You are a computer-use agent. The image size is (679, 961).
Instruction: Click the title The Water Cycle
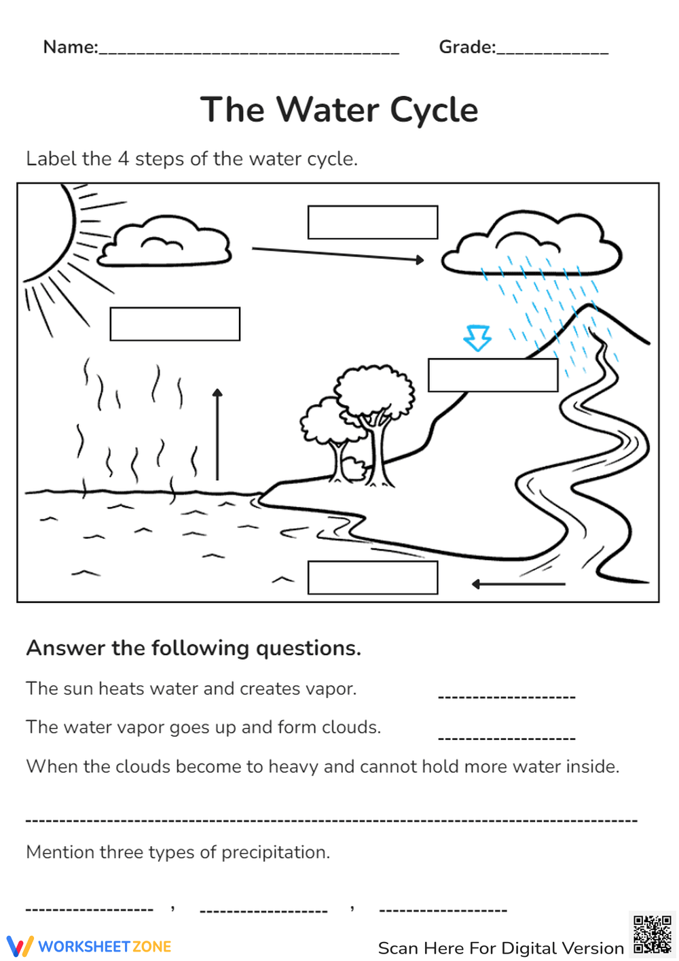pyautogui.click(x=339, y=110)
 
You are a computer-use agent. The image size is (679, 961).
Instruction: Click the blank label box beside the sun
pyautogui.click(x=175, y=324)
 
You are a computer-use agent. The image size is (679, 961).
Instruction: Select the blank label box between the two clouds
pyautogui.click(x=372, y=222)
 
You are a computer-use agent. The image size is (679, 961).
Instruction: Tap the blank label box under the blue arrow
pyautogui.click(x=492, y=375)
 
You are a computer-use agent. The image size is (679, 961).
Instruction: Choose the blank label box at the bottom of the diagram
pyautogui.click(x=372, y=578)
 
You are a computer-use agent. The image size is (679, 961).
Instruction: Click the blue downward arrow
pyautogui.click(x=477, y=337)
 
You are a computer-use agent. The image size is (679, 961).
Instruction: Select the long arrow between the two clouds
pyautogui.click(x=337, y=254)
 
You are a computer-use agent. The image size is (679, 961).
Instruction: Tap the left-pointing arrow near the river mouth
pyautogui.click(x=518, y=584)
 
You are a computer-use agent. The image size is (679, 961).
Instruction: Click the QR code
pyautogui.click(x=652, y=934)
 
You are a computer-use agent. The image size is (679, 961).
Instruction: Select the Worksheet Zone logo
pyautogui.click(x=89, y=946)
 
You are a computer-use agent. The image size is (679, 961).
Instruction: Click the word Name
pyautogui.click(x=69, y=47)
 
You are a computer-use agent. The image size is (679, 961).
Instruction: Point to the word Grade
pyautogui.click(x=466, y=47)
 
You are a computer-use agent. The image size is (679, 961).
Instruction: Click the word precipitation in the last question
pyautogui.click(x=274, y=852)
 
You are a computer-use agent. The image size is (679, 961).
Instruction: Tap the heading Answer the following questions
pyautogui.click(x=194, y=648)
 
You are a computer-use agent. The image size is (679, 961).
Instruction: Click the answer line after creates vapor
pyautogui.click(x=507, y=696)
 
